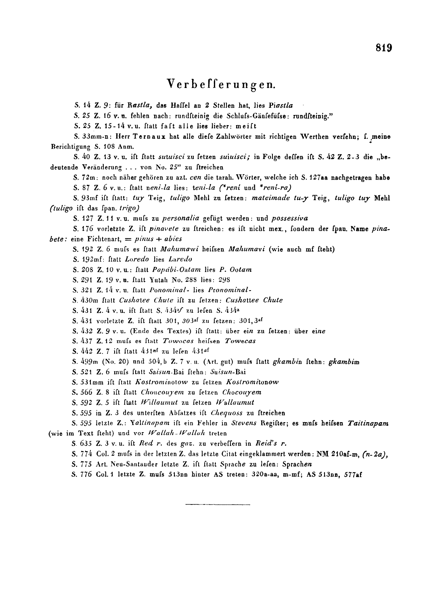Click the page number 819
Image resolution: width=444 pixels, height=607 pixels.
coord(383,48)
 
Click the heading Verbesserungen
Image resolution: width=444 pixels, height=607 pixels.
coord(221,84)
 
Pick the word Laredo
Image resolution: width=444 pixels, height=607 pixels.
coord(180,260)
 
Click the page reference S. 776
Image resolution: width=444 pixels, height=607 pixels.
coord(82,474)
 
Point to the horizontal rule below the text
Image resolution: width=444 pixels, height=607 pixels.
coord(218,504)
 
